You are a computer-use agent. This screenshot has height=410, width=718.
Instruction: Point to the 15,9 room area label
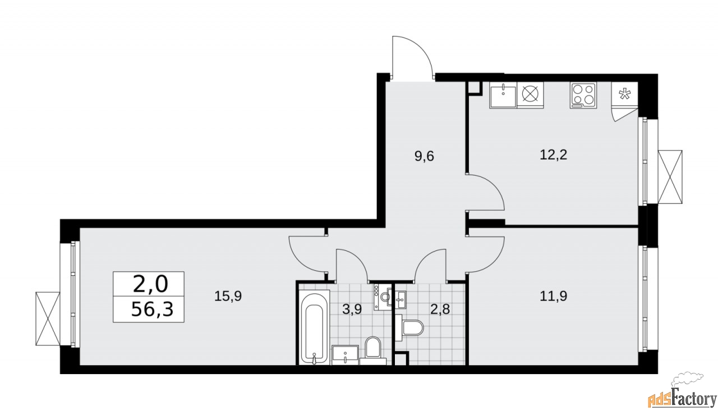click(228, 296)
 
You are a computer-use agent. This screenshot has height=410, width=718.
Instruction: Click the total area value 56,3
click(149, 309)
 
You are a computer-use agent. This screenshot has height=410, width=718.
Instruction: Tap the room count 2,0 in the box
click(149, 284)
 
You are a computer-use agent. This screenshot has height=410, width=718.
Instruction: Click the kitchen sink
click(503, 95)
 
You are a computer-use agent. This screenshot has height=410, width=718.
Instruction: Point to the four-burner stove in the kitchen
click(583, 95)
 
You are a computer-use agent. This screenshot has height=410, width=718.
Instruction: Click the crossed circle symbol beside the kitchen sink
click(531, 95)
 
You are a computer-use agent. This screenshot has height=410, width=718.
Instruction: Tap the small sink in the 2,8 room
click(401, 298)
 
